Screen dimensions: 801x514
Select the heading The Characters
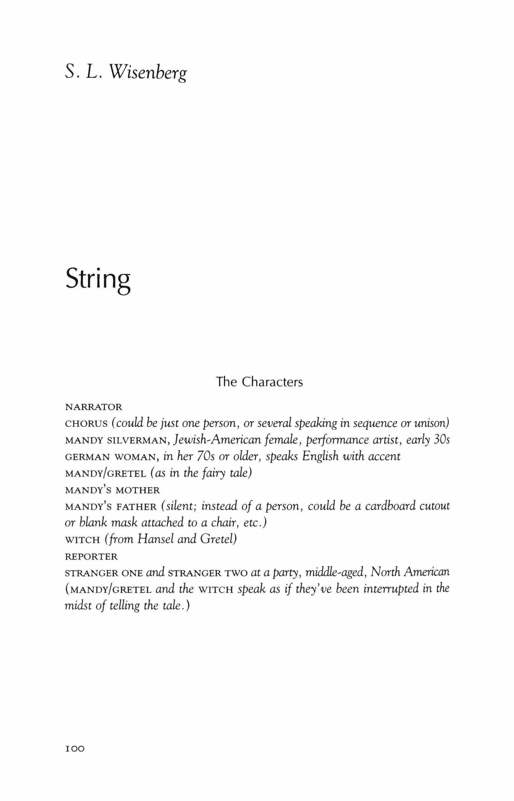point(260,382)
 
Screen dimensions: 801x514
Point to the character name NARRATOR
point(94,407)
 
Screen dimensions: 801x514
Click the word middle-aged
point(334,573)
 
